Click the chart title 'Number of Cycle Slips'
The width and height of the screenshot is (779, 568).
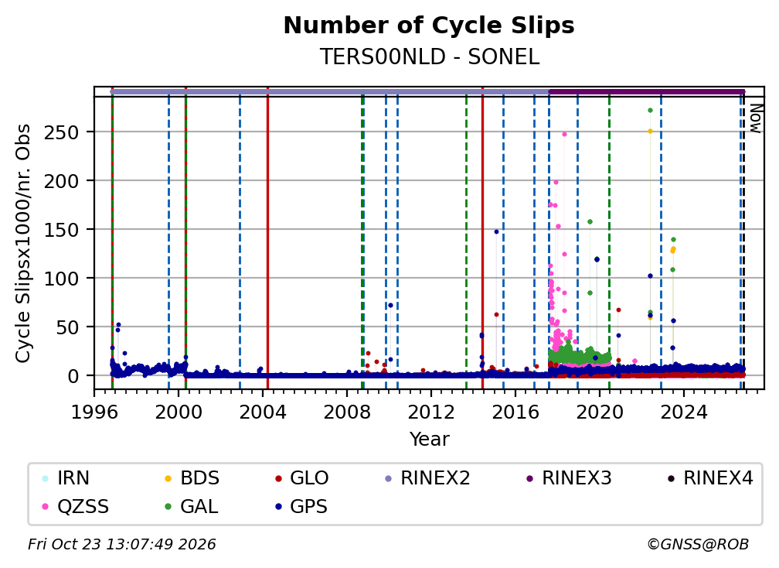coord(429,26)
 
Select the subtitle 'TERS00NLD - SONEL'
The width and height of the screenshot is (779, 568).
coord(429,56)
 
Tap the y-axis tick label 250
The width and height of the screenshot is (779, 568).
coord(61,132)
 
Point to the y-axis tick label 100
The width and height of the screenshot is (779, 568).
coord(61,279)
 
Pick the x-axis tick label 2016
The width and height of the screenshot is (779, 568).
coord(515,412)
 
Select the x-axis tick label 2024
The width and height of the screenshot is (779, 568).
coord(684,412)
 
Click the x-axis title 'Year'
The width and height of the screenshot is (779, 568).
coord(429,440)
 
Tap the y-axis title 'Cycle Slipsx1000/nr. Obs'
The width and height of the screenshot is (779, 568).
coord(23,243)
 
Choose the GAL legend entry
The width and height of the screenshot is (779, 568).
coord(192,507)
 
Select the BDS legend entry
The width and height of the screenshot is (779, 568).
coord(192,478)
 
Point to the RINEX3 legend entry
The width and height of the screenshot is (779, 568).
coord(569,478)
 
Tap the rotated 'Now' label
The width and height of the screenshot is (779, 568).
coord(754,118)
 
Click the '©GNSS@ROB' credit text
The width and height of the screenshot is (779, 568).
coord(698,545)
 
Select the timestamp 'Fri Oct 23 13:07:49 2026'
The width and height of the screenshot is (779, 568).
coord(122,545)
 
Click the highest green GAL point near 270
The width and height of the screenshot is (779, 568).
coord(650,111)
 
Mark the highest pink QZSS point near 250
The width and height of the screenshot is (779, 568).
coord(564,135)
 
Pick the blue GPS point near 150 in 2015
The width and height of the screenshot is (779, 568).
coord(496,232)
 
